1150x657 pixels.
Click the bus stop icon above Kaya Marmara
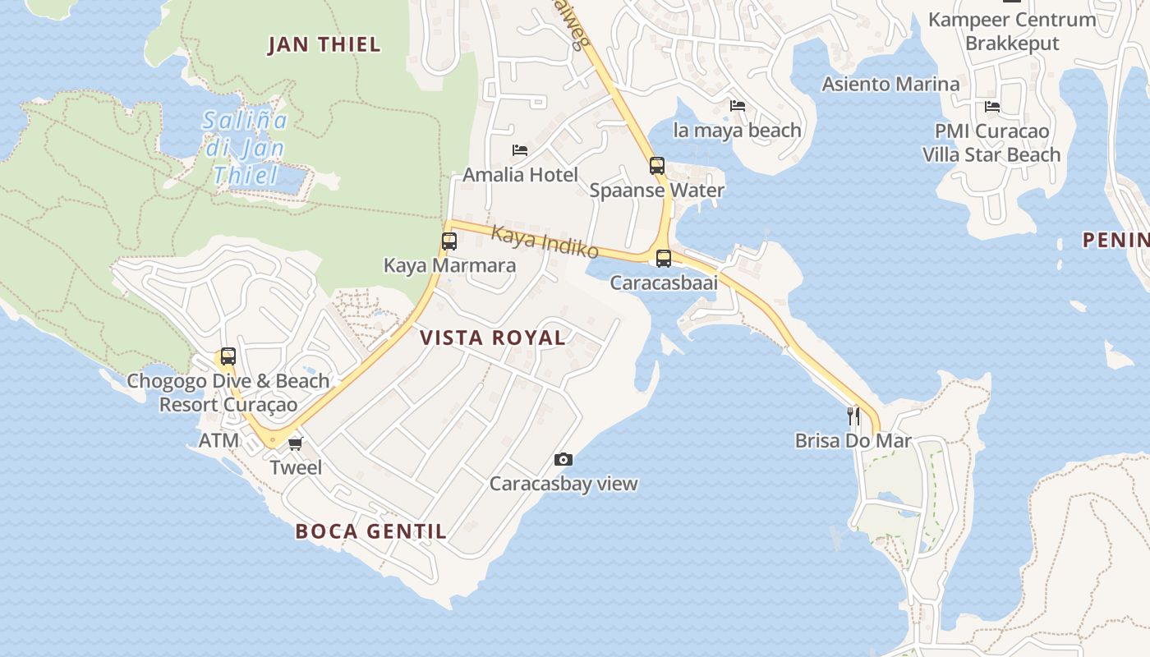coord(449,241)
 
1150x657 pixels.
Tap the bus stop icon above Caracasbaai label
coord(664,259)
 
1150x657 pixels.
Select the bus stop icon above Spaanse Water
coord(656,166)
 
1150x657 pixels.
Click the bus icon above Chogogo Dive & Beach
coord(228,356)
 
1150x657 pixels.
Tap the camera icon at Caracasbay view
coord(563,460)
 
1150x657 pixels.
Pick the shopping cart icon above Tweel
coord(295,443)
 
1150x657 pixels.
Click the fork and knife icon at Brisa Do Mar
coord(853,416)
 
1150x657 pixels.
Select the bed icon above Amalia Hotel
coord(520,150)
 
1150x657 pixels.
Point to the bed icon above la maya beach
coord(738,106)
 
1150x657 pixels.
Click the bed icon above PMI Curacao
coord(992,107)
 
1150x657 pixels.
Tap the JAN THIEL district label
coord(324,45)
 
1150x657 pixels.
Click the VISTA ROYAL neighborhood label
coord(493,338)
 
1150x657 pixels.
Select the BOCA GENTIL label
coord(371,531)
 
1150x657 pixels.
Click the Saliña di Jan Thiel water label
coord(246,148)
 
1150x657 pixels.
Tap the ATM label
coord(218,441)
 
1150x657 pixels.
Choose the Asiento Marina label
coord(890,84)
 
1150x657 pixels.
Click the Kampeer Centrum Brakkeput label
coord(1012,31)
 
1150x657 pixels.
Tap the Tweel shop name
coord(297,468)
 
